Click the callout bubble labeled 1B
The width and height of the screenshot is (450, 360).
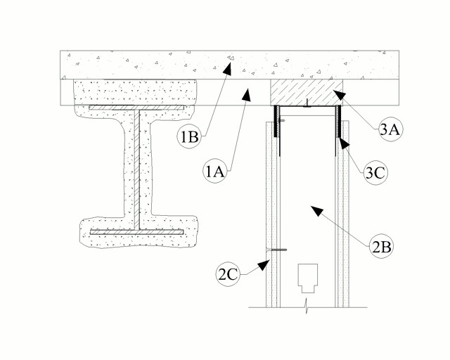[189, 136]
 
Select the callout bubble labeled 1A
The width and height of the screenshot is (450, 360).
[214, 172]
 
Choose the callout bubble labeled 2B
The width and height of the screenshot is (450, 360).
[381, 247]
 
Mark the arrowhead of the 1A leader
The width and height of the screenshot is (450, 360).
[247, 95]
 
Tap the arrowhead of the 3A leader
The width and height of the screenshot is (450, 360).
[338, 95]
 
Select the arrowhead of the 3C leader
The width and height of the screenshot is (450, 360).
[344, 143]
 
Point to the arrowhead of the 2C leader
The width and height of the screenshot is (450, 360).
[264, 265]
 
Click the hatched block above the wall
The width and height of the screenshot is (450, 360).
[307, 92]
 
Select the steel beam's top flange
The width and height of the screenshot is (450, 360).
[136, 108]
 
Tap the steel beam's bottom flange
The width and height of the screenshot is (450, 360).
[136, 232]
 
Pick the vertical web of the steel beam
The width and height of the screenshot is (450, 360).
[137, 169]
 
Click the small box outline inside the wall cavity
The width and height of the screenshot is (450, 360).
[308, 278]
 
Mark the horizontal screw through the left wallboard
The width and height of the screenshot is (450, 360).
[276, 250]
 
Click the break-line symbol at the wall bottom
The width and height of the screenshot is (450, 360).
[307, 307]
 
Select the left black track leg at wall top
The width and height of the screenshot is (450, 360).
[277, 122]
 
